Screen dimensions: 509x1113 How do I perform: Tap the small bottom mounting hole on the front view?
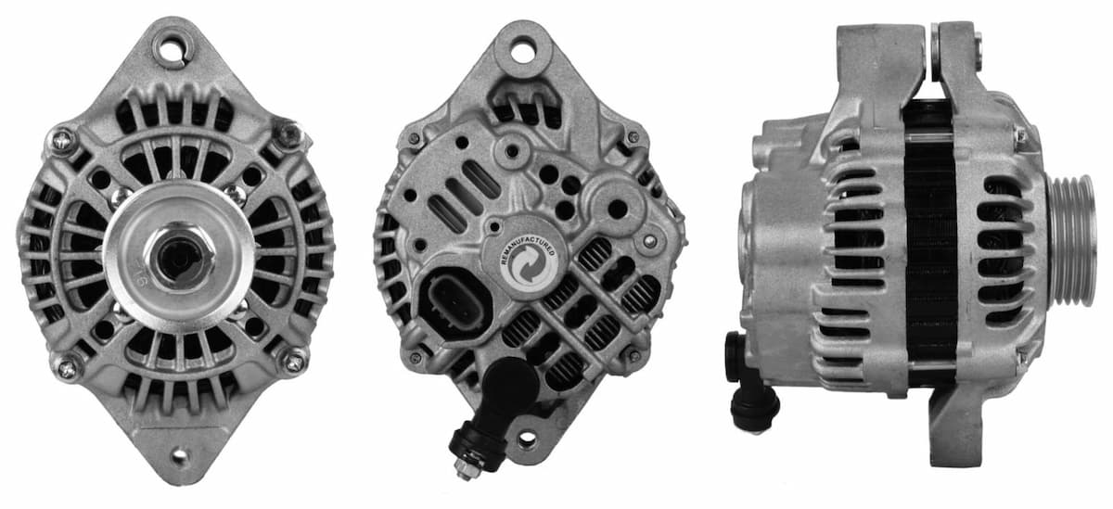point(178,456)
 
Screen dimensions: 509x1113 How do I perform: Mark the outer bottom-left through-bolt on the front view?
point(68,367)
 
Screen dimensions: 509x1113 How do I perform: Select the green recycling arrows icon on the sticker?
point(531,263)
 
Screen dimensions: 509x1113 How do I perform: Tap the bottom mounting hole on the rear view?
point(530,439)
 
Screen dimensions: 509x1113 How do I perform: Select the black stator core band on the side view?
point(930,241)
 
